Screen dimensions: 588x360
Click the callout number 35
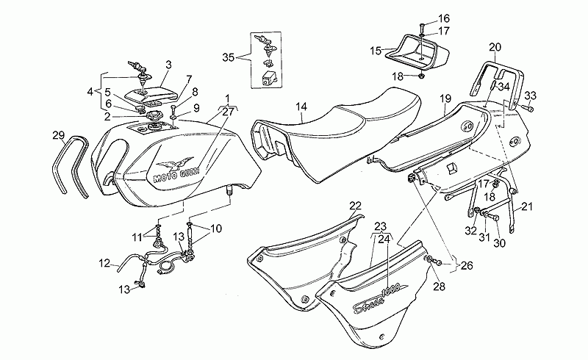[x=228, y=57]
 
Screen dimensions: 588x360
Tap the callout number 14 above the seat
[x=301, y=107]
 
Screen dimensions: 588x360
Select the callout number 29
[x=59, y=135]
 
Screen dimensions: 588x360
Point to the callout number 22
[x=355, y=206]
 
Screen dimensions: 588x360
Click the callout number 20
[x=495, y=47]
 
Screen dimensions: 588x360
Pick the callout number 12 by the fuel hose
[x=104, y=263]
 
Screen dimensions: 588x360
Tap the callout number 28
[x=439, y=287]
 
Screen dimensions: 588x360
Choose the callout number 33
[x=530, y=96]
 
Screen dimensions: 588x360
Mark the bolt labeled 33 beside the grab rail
[x=529, y=109]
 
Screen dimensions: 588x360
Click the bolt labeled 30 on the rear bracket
[x=493, y=217]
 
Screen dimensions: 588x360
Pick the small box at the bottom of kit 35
[x=268, y=78]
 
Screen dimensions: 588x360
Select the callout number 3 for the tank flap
[x=168, y=65]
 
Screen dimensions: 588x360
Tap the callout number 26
[x=467, y=266]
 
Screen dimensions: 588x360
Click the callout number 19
[x=445, y=99]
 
